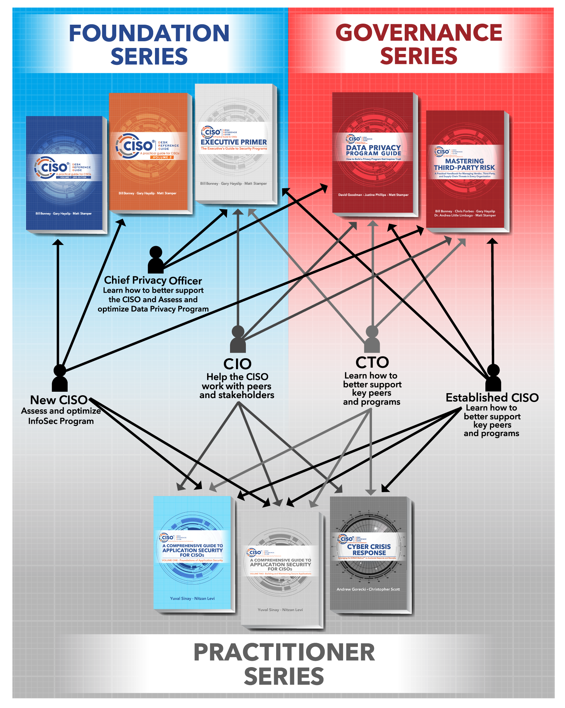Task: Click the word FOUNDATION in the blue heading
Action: (x=149, y=33)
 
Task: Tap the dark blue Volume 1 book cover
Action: (x=64, y=173)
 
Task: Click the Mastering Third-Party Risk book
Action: (x=465, y=169)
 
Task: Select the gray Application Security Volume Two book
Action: (x=280, y=568)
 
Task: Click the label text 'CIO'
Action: (x=237, y=364)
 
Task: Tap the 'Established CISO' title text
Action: (x=492, y=398)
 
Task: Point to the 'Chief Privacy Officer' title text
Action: (x=153, y=281)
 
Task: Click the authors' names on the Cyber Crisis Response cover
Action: (x=368, y=589)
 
